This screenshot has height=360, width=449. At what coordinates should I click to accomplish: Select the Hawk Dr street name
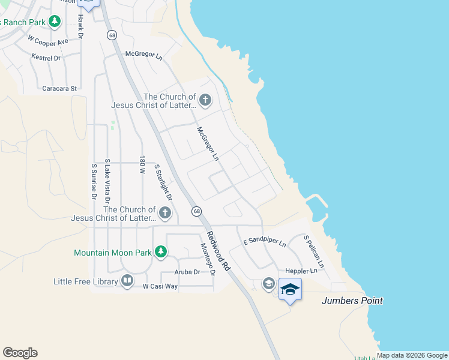click(80, 26)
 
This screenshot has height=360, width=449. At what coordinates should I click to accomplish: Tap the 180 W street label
click(142, 165)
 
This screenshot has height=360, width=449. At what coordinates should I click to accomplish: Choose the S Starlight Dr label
click(163, 182)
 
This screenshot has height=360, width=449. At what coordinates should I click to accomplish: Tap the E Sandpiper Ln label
click(264, 242)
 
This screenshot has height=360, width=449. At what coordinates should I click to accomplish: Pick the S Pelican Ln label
click(313, 251)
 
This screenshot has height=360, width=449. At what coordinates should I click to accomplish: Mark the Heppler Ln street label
click(301, 271)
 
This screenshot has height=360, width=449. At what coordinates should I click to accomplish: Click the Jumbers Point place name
click(352, 301)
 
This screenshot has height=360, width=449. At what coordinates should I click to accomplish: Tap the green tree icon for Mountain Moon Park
click(160, 252)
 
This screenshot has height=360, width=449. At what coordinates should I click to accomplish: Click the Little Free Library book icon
click(127, 280)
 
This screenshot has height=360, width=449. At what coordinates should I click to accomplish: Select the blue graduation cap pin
click(290, 289)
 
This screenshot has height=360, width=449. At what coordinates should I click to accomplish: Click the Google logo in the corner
click(20, 353)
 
